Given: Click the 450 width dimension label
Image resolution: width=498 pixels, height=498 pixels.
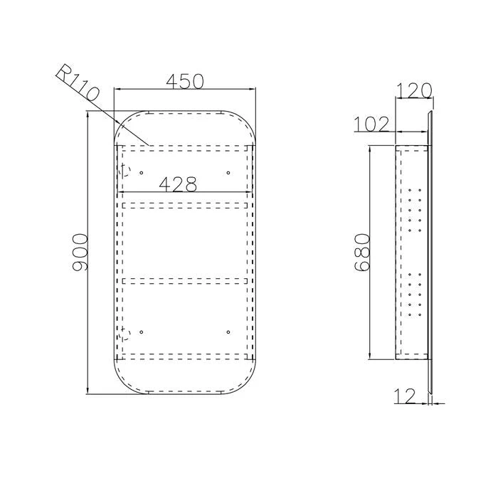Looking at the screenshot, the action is click(184, 81).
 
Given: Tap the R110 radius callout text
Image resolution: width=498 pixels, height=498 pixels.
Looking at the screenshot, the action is click(78, 83).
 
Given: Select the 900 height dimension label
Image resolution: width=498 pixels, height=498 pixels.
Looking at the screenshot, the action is click(80, 253).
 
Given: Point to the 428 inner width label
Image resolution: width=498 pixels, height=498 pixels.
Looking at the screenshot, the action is click(178, 184).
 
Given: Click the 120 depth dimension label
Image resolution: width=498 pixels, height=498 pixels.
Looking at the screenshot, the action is click(414, 90).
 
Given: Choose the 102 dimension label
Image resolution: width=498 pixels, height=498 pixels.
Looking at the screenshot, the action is click(371, 124).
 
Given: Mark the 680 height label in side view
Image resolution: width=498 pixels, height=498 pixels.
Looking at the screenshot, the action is click(362, 253).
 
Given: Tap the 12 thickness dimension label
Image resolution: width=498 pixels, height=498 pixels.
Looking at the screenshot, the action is click(405, 396).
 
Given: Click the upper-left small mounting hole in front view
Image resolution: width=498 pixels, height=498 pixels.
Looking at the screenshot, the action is click(142, 173).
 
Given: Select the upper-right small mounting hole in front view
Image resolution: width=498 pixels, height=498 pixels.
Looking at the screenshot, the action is click(228, 173).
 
